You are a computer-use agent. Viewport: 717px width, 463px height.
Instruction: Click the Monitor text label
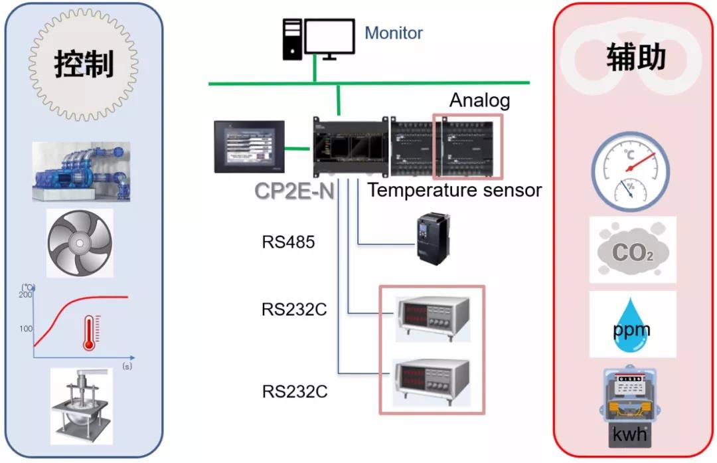(394, 33)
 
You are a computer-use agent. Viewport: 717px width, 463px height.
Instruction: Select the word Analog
(480, 100)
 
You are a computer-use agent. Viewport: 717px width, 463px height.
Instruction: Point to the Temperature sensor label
(455, 191)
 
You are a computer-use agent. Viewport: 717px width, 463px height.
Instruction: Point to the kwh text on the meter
(632, 436)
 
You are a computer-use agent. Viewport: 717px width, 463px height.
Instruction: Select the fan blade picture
(80, 243)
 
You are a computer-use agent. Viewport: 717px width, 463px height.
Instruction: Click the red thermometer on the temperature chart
(90, 333)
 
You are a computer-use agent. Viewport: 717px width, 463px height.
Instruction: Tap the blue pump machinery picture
(81, 171)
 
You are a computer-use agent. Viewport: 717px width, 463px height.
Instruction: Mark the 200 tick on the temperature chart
(27, 296)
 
